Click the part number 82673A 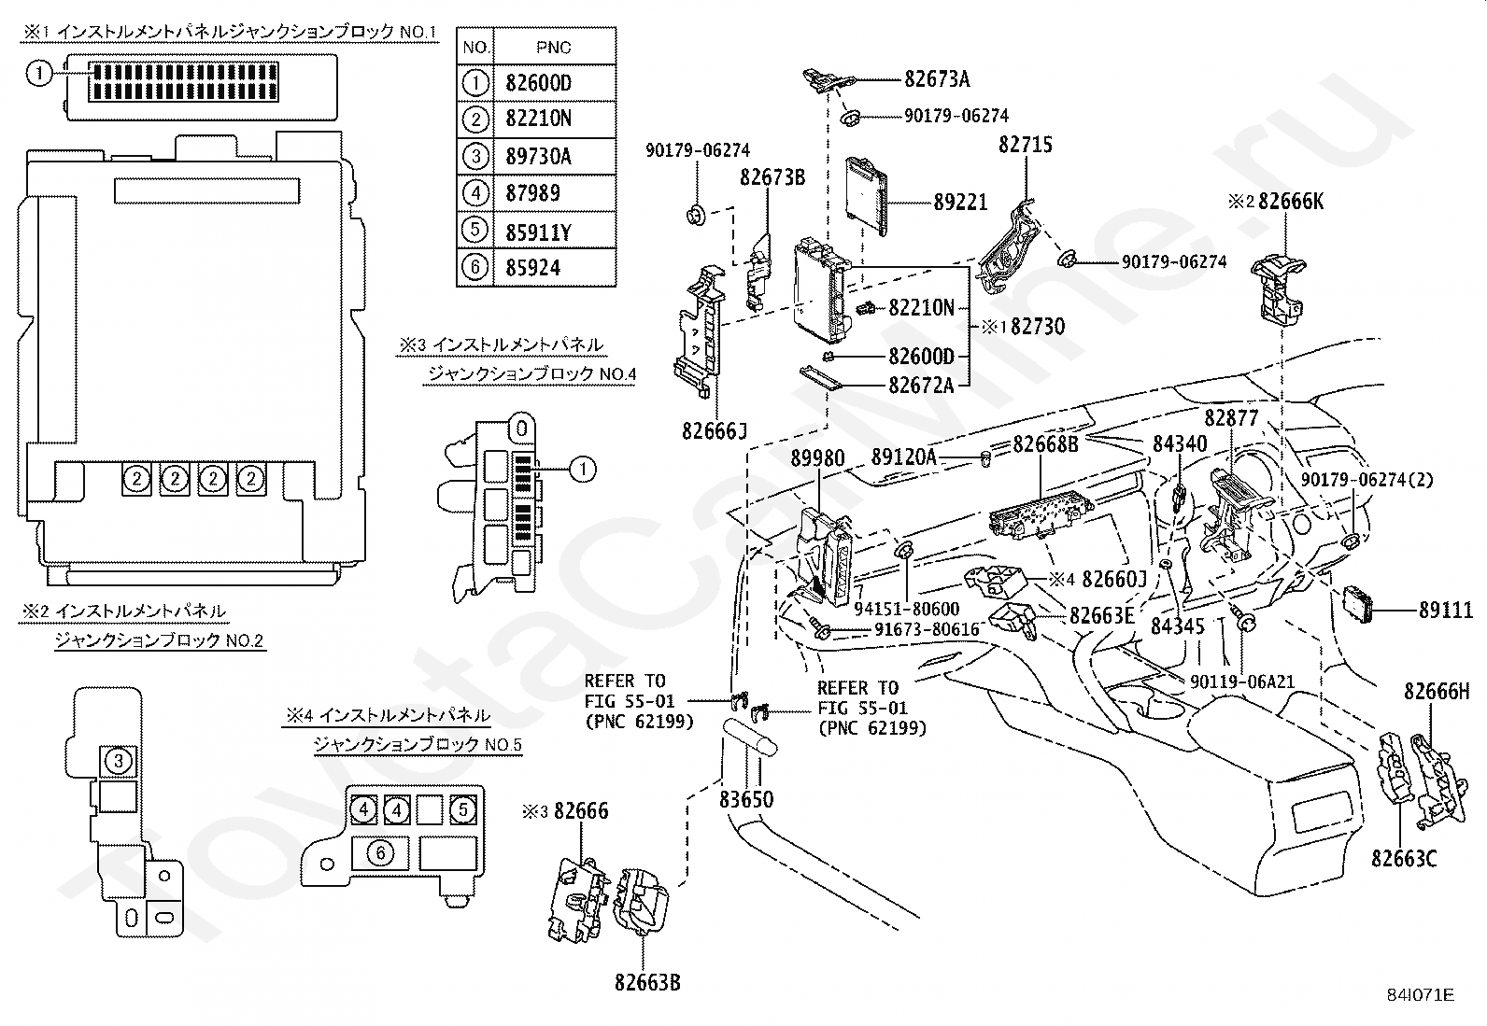pyautogui.click(x=937, y=79)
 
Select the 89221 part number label pyautogui.click(x=960, y=202)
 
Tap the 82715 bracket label pyautogui.click(x=1026, y=145)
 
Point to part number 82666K pyautogui.click(x=1291, y=202)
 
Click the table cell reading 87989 pyautogui.click(x=532, y=193)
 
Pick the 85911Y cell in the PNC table pyautogui.click(x=538, y=231)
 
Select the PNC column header pyautogui.click(x=554, y=47)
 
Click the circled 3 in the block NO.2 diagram pyautogui.click(x=118, y=761)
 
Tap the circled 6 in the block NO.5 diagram pyautogui.click(x=380, y=851)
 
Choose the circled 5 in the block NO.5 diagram pyautogui.click(x=462, y=808)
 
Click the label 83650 pyautogui.click(x=746, y=800)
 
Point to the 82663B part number pyautogui.click(x=647, y=982)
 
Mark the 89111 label pyautogui.click(x=1445, y=611)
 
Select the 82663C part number pyautogui.click(x=1404, y=857)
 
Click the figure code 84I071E pyautogui.click(x=1422, y=995)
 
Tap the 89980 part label pyautogui.click(x=817, y=457)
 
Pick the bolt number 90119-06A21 pyautogui.click(x=1242, y=682)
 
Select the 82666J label pyautogui.click(x=715, y=430)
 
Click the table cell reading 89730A pyautogui.click(x=538, y=156)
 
